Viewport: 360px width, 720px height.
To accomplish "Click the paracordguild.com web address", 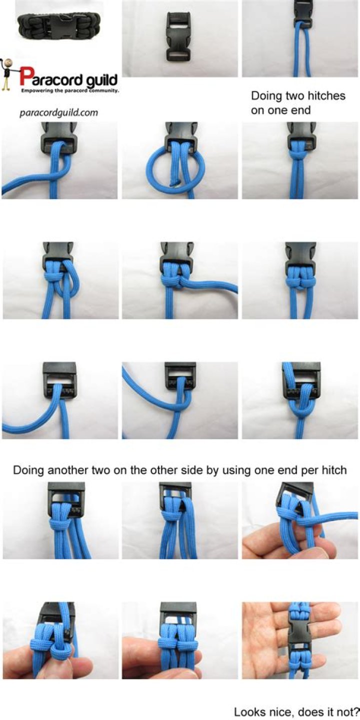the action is (x=59, y=113).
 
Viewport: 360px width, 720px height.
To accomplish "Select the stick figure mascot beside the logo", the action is (x=6, y=74).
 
